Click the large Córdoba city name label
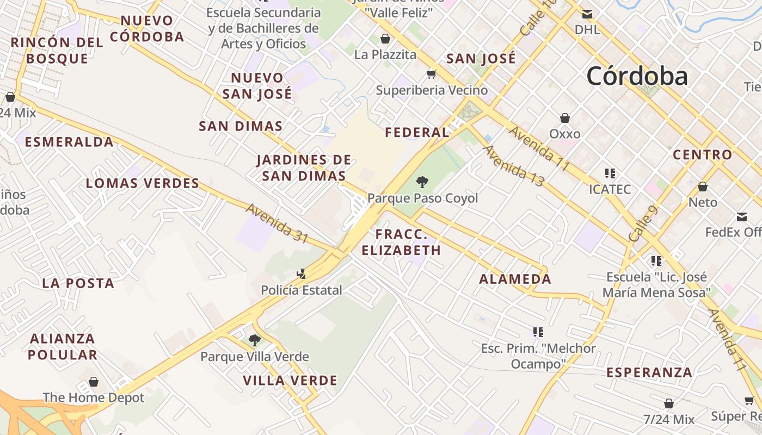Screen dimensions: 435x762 tap(637, 76)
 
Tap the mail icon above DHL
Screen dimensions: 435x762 tap(587, 14)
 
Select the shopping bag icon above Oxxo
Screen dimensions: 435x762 tap(565, 118)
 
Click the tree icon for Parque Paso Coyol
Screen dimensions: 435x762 tap(422, 182)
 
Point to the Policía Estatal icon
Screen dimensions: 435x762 tap(301, 274)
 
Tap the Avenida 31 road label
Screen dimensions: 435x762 tap(277, 223)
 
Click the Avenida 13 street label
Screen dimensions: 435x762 tap(513, 166)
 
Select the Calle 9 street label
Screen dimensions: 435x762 tap(643, 224)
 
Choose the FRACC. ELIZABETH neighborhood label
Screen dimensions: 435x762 tap(408, 243)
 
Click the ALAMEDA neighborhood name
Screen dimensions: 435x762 tap(515, 279)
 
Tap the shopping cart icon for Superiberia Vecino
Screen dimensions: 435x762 tap(432, 74)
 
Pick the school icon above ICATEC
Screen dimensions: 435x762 tap(610, 173)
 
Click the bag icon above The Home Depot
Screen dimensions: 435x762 tap(94, 382)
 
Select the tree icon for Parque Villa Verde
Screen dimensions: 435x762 tap(254, 341)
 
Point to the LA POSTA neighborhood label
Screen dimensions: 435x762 tap(78, 283)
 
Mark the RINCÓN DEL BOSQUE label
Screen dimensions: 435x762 tap(57, 51)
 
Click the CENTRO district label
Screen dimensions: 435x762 tap(702, 155)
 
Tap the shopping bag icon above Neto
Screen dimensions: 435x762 tap(703, 187)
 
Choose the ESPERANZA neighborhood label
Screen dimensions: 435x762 tap(649, 372)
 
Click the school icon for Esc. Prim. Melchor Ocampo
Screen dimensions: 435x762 tap(538, 332)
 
